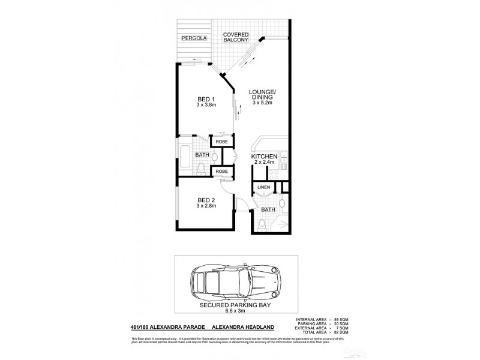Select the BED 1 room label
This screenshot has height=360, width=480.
(206, 101)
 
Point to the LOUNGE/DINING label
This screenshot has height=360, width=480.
(262, 95)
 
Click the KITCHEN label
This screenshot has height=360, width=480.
(263, 158)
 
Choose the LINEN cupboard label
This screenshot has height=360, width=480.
(263, 188)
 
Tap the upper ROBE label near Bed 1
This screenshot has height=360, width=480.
(221, 142)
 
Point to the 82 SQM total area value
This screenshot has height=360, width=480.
(340, 332)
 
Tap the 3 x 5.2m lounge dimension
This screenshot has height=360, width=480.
(262, 103)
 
